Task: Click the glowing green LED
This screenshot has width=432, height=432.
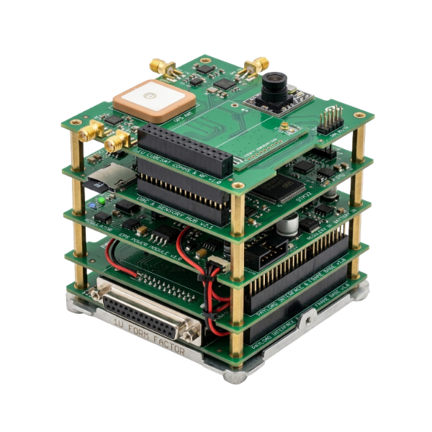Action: (x=105, y=199)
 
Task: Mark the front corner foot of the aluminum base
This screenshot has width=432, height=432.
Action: (x=232, y=375)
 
